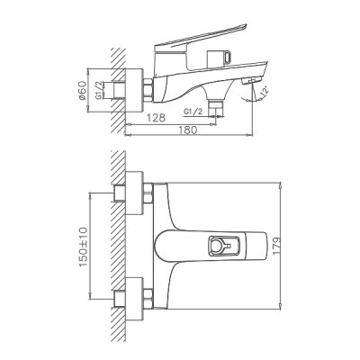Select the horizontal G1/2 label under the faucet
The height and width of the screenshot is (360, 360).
[x=193, y=112]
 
